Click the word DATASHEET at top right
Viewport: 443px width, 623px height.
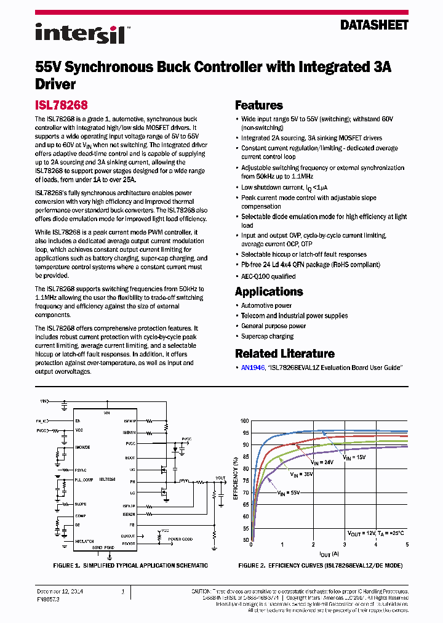pos(374,25)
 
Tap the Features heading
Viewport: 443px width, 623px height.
pos(259,105)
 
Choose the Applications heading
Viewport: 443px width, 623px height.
pos(269,292)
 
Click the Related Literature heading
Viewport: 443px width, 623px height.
pos(285,354)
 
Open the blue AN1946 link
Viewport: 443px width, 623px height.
pos(253,368)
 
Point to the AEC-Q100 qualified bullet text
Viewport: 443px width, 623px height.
pos(268,277)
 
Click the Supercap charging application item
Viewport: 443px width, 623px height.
pos(267,337)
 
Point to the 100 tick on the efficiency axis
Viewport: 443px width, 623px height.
pos(245,421)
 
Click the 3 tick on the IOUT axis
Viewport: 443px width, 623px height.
pos(345,545)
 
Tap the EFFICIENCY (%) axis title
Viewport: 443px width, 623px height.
pos(236,480)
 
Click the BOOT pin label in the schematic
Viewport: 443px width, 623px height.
pos(130,457)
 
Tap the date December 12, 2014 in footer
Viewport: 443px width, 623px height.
pos(59,592)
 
